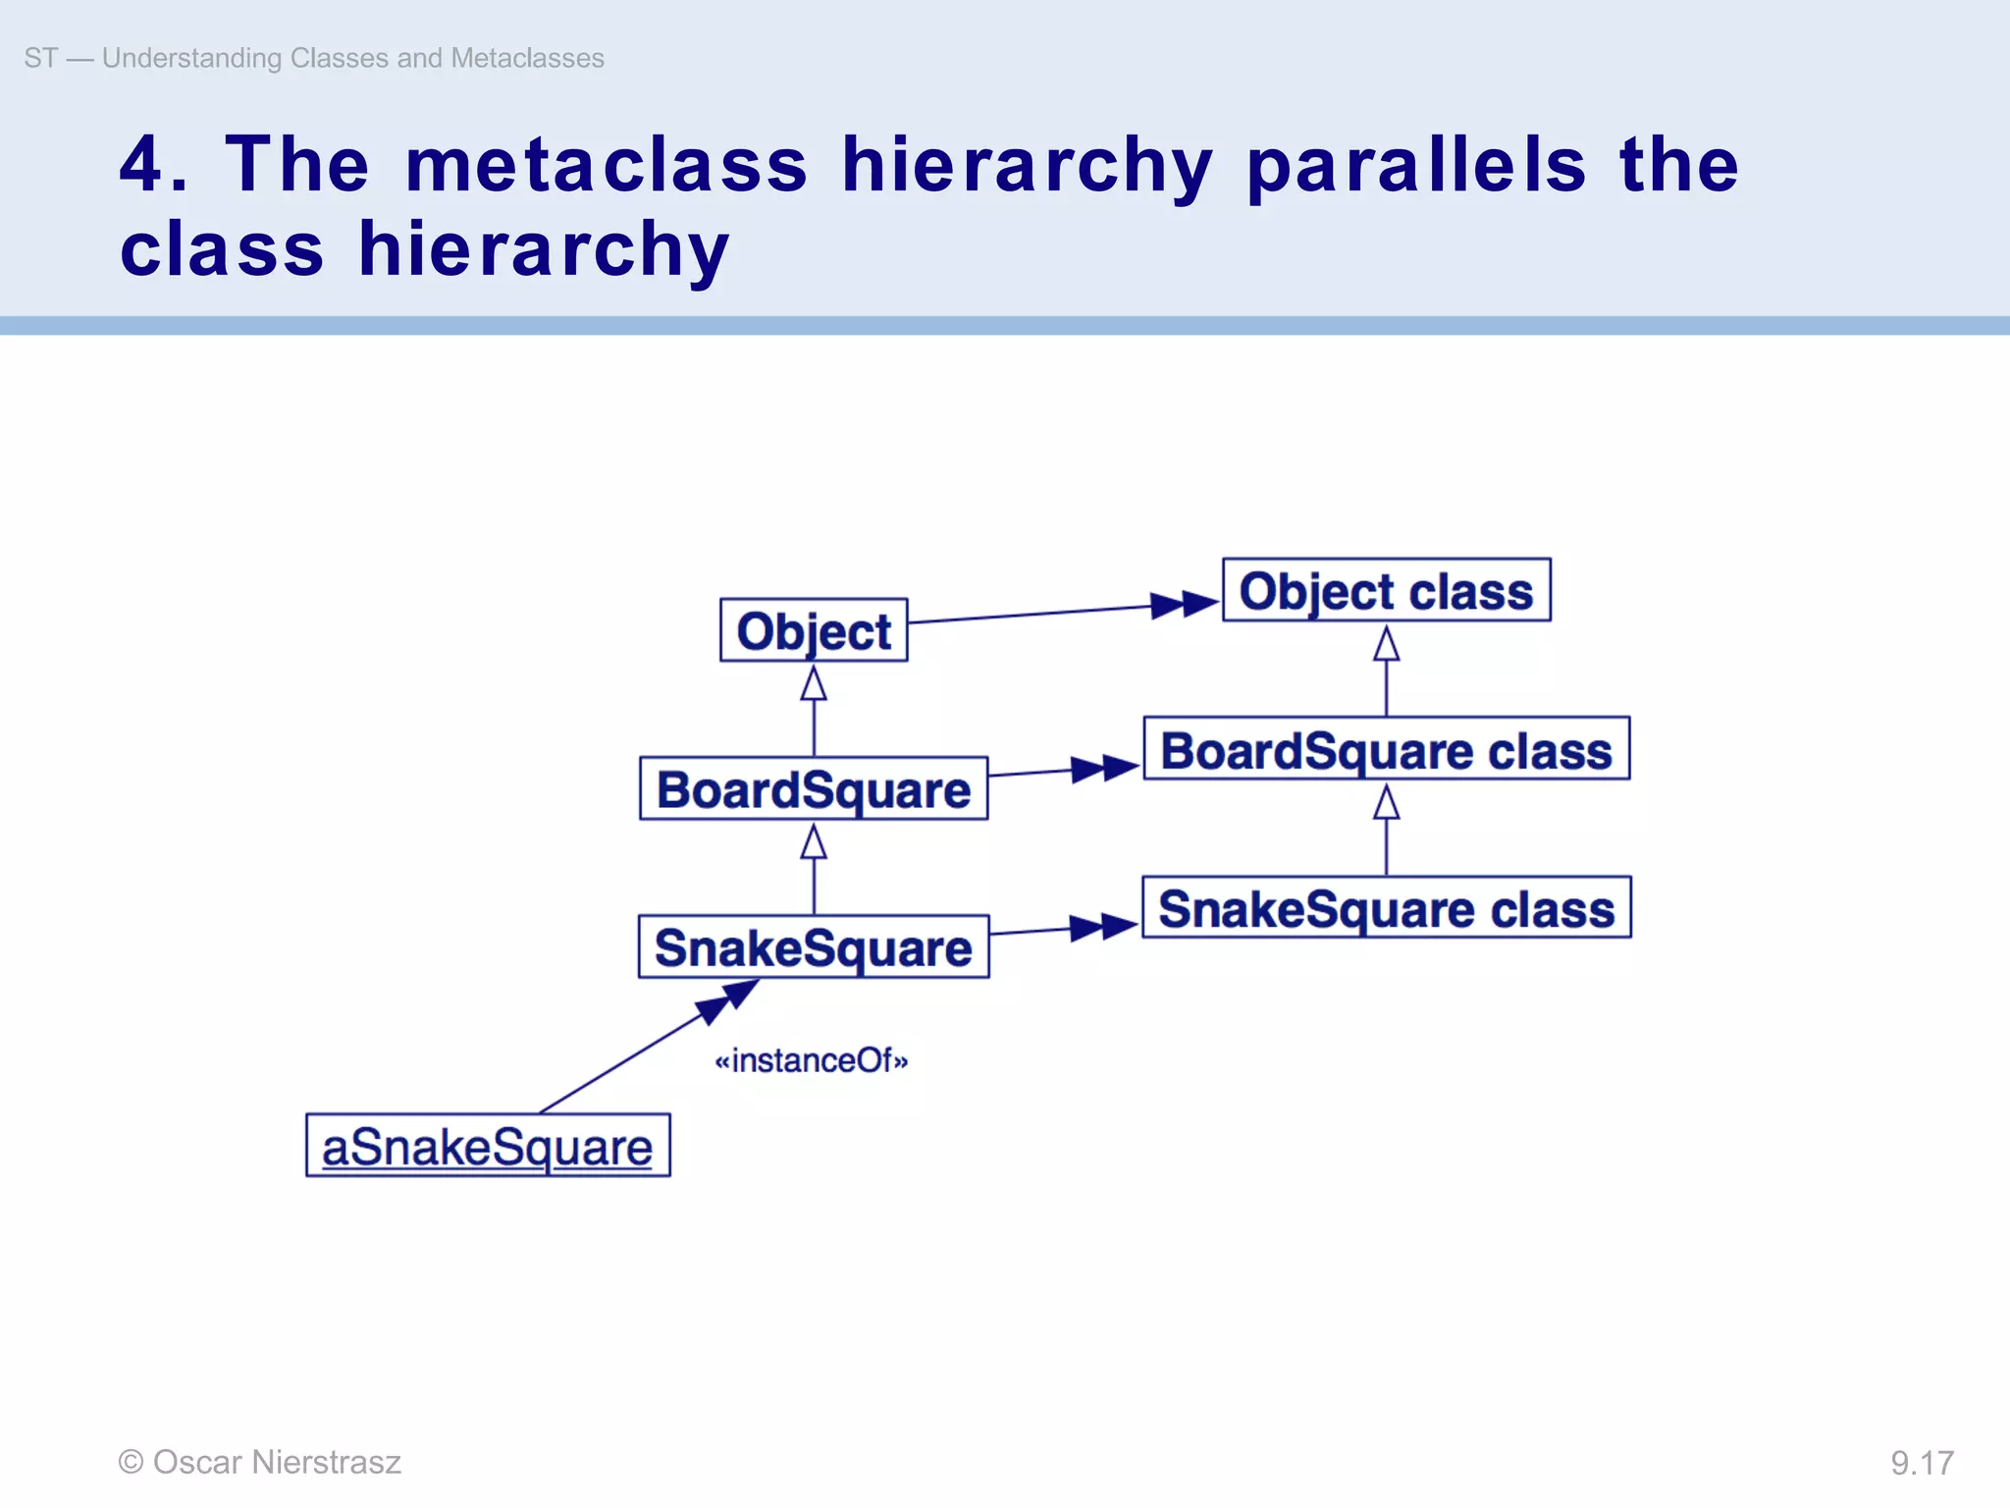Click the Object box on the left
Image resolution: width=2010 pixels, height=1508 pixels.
(814, 630)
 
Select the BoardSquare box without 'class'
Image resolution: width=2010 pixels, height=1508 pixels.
(814, 788)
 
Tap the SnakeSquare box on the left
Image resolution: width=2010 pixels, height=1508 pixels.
(814, 946)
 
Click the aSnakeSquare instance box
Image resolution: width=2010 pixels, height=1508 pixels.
(488, 1146)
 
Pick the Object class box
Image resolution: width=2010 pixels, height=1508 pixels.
(1386, 590)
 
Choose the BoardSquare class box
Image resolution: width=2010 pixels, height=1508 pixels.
(1386, 749)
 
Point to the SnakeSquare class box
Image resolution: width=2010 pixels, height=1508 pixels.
(1386, 908)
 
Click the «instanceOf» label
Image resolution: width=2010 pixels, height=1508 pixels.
(812, 1060)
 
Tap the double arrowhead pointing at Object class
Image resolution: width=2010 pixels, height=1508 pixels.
(1184, 604)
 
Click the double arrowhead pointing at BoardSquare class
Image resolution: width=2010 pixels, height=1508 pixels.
(1105, 768)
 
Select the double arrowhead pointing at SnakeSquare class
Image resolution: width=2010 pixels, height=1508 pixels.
(1103, 927)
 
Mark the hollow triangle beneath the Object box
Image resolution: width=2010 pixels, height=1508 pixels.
(814, 683)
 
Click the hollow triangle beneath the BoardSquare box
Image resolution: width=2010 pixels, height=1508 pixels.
(814, 842)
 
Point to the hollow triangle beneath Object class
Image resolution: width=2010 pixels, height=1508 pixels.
(1386, 644)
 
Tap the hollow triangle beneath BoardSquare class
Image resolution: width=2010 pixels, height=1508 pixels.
(1386, 803)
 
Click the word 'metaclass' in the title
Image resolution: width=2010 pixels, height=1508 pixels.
(607, 164)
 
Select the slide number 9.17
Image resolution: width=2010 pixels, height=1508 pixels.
(1922, 1463)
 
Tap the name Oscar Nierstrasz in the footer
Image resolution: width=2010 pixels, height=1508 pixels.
(277, 1462)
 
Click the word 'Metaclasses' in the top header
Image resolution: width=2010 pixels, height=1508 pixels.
(527, 58)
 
